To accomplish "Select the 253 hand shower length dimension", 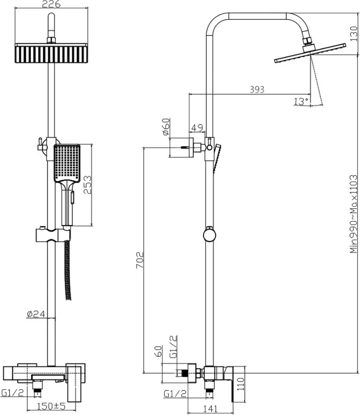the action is (x=87, y=185).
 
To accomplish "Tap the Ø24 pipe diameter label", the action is (x=36, y=314).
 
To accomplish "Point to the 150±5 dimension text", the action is (x=51, y=406).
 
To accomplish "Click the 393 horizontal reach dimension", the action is (x=257, y=89).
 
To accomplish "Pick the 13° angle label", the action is (x=301, y=101).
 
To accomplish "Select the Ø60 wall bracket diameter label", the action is (x=165, y=127).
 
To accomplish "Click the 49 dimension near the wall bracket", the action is (x=197, y=128).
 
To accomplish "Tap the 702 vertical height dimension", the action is (x=140, y=260).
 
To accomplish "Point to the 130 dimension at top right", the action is (x=353, y=34).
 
